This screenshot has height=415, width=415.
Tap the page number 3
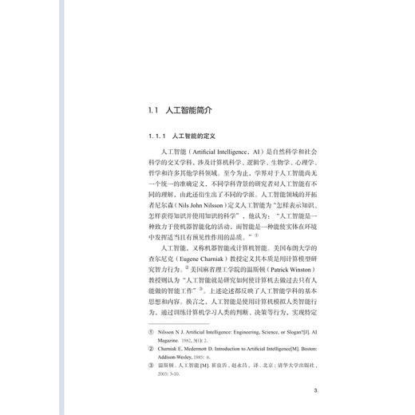[315, 390]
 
